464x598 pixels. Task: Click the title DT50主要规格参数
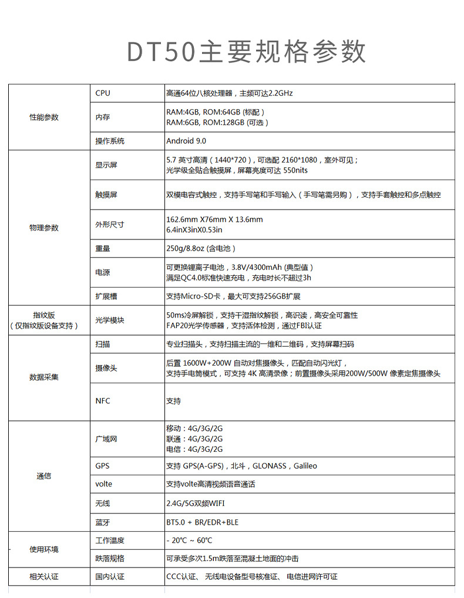tap(247, 52)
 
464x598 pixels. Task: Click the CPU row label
tap(103, 93)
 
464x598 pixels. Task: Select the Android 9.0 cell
tap(186, 141)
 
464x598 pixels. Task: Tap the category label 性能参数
tap(44, 117)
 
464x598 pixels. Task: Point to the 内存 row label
tap(103, 117)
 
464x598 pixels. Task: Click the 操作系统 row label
tap(110, 141)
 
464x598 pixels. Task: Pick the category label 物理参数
tap(44, 228)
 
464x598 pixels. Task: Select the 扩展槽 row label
tap(106, 296)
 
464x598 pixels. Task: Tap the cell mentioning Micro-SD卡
tap(233, 296)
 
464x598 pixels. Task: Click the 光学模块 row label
tap(110, 320)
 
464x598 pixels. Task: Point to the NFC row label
tap(103, 401)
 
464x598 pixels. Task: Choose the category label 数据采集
tap(44, 377)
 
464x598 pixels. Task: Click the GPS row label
tap(102, 466)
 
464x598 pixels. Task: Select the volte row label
tap(103, 484)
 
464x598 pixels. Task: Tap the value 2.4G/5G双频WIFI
tap(195, 504)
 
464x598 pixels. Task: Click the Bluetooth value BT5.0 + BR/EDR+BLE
tap(202, 522)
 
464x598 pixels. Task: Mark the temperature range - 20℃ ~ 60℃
tap(189, 540)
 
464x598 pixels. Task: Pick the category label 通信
tap(44, 476)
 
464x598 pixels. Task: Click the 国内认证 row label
tap(110, 577)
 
